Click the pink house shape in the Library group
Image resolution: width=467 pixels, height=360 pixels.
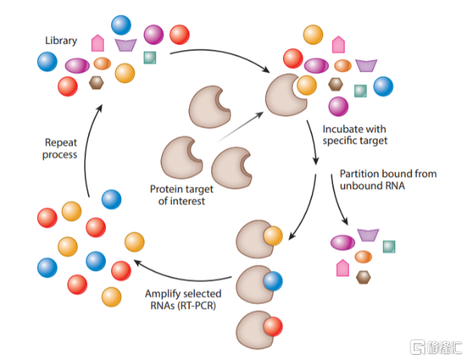tap(98, 43)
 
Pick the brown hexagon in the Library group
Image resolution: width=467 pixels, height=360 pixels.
tap(96, 83)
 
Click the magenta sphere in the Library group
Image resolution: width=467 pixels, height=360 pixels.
tap(154, 34)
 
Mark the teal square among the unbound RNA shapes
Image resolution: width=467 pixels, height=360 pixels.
tap(389, 245)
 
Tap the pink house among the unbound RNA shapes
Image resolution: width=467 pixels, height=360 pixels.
tap(342, 266)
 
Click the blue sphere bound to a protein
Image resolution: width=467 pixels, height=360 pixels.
tap(274, 281)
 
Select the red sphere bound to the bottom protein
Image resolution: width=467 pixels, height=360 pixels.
tap(274, 327)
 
